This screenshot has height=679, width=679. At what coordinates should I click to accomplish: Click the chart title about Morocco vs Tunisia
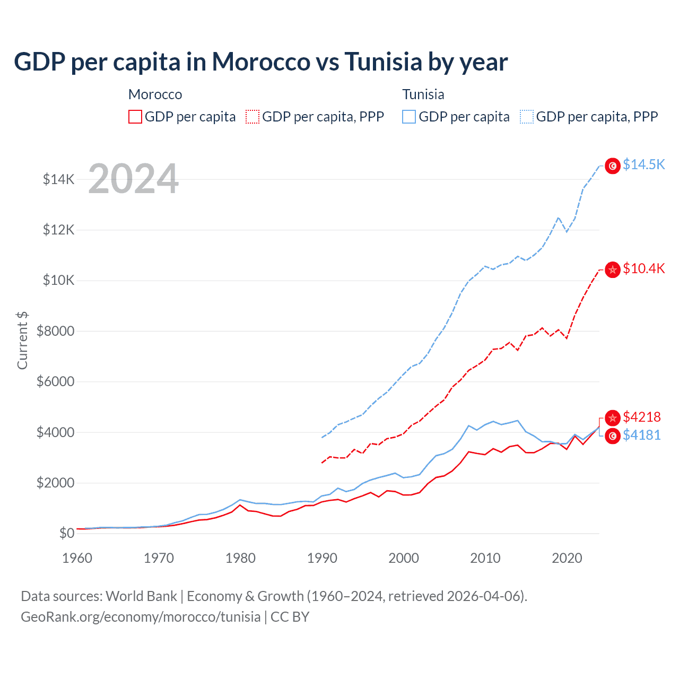[260, 62]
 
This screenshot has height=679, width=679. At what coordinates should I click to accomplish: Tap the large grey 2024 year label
[133, 179]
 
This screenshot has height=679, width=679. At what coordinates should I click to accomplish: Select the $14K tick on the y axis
[59, 179]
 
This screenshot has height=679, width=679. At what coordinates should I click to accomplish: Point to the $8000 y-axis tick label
[55, 331]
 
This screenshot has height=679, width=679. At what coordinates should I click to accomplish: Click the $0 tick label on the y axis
[66, 533]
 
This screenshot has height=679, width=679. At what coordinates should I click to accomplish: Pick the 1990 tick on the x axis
[322, 558]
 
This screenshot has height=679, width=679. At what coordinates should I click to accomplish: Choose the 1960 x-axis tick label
[77, 558]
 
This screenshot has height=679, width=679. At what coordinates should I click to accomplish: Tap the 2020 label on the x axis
[567, 558]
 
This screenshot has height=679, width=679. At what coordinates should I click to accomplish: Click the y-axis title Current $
[22, 340]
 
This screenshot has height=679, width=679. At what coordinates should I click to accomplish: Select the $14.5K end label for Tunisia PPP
[643, 164]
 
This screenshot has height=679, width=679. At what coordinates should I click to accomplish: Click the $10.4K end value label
[643, 268]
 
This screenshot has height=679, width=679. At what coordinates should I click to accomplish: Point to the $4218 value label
[641, 417]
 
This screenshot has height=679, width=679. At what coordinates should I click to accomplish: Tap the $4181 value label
[641, 435]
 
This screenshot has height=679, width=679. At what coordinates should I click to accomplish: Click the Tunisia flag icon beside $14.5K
[613, 166]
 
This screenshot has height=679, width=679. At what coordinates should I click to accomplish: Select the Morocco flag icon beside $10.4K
[613, 269]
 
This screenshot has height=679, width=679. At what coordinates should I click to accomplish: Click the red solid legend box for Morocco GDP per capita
[135, 117]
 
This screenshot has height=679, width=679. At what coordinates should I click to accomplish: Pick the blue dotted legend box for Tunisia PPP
[527, 117]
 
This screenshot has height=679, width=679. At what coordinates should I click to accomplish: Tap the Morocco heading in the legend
[155, 94]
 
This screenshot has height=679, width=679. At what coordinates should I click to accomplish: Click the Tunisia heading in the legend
[423, 94]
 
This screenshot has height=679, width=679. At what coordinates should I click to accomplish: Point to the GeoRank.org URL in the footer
[141, 617]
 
